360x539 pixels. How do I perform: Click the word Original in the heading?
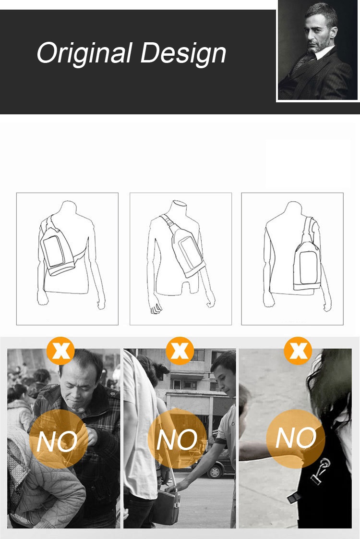coord(84,54)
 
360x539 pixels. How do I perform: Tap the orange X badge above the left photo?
coord(60,351)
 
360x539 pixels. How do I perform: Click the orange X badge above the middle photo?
coord(180,351)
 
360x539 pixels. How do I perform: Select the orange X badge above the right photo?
coord(298,351)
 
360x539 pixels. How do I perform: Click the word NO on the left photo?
coord(57,441)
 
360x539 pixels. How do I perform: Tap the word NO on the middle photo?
coord(177,439)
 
